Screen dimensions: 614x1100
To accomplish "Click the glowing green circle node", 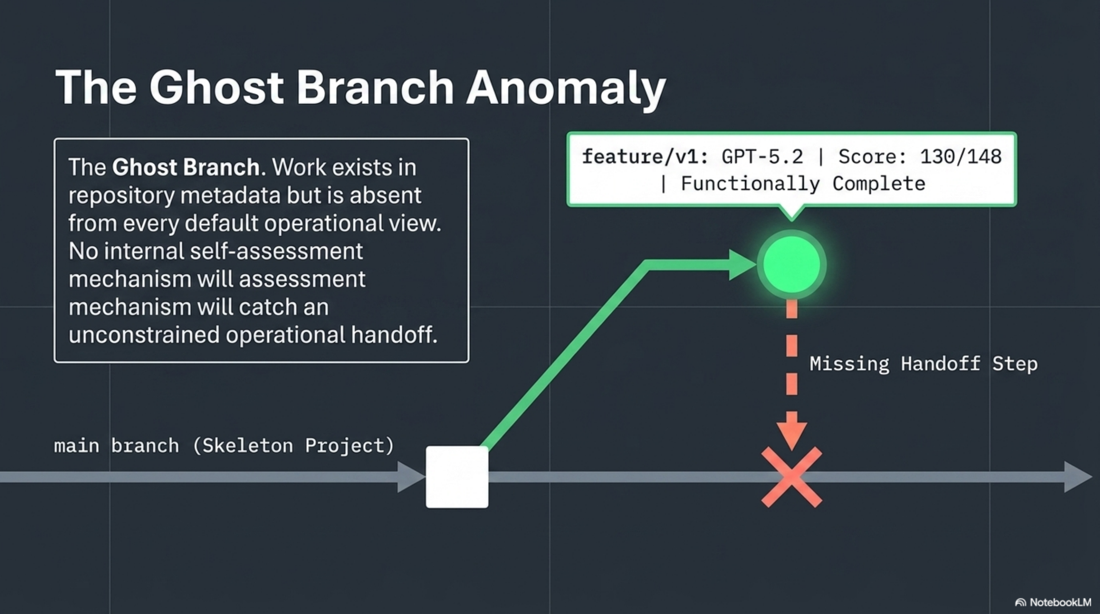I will click(791, 264).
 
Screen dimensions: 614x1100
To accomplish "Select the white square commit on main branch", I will click(457, 477).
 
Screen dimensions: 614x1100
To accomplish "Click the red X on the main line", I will click(791, 477).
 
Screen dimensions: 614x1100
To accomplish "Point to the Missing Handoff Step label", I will click(923, 364).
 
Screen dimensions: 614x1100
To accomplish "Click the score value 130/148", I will click(960, 157).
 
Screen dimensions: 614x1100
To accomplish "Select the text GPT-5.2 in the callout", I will click(762, 157).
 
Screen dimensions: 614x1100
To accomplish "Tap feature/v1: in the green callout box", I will click(645, 157).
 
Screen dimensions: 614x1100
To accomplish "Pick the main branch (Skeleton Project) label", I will click(224, 446).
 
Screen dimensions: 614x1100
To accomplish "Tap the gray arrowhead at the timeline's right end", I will click(1077, 477).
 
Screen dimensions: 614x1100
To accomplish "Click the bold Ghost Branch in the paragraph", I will click(186, 167).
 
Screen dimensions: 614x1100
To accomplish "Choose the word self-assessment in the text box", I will click(276, 251).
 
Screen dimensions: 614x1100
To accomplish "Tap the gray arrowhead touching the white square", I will click(410, 477).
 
